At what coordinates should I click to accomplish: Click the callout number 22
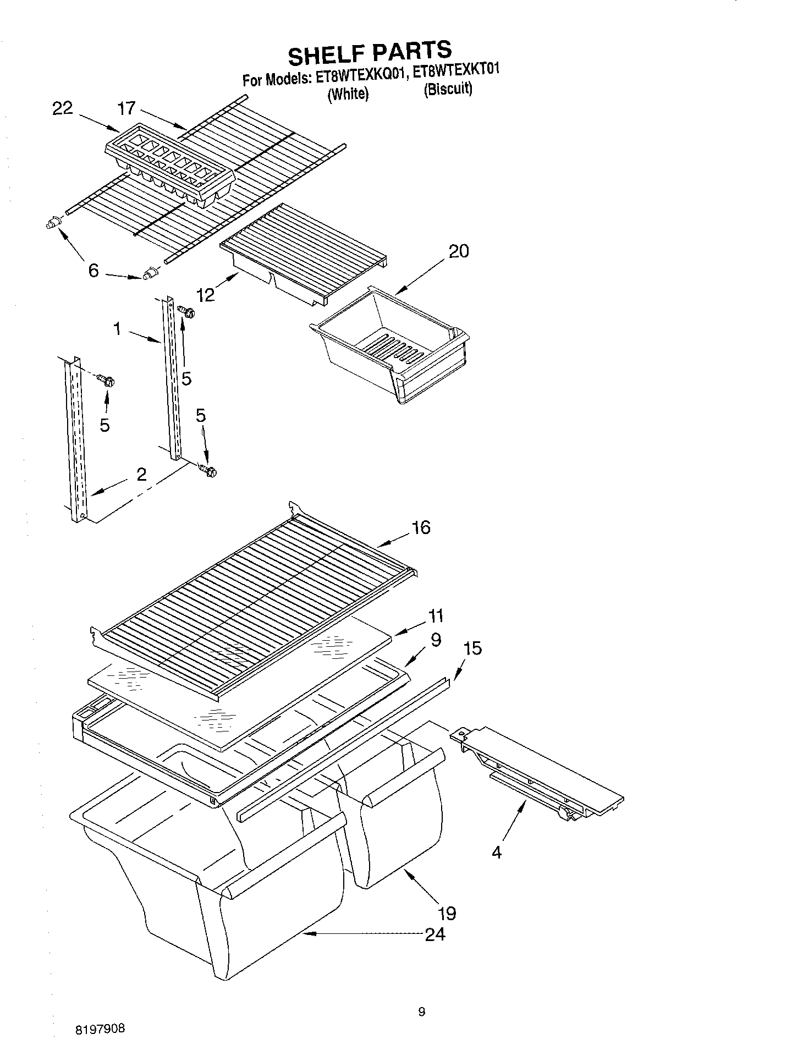click(x=62, y=108)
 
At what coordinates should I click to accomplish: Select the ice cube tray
click(x=169, y=164)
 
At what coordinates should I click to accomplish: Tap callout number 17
click(x=127, y=108)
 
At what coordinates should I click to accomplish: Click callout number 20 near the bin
click(x=459, y=251)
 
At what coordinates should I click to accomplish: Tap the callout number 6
click(x=94, y=271)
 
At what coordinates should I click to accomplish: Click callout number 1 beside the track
click(x=117, y=329)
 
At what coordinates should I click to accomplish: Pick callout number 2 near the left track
click(x=141, y=474)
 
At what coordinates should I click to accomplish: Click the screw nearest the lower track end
click(x=209, y=470)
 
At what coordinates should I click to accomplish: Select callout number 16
click(x=421, y=527)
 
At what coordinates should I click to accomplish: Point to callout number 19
click(x=448, y=913)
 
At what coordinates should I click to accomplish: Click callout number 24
click(x=435, y=934)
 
